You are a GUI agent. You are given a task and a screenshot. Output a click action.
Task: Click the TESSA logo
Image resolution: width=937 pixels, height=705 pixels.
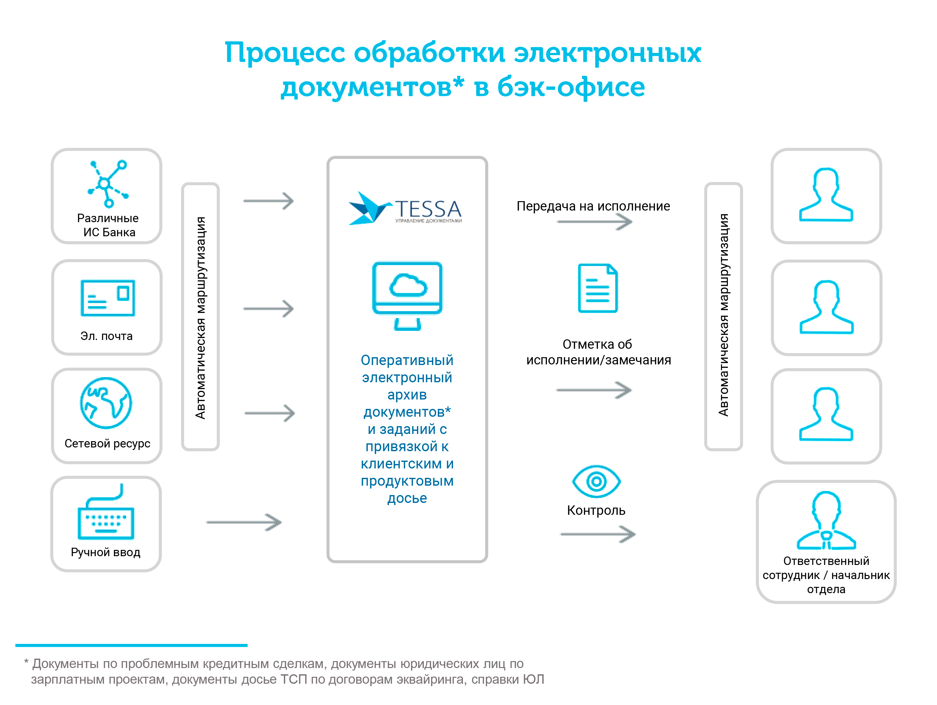[405, 208]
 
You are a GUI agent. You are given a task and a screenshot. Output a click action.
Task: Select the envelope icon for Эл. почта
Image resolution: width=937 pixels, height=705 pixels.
[108, 298]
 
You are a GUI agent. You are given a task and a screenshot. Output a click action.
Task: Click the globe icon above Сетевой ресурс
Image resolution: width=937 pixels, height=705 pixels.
[106, 403]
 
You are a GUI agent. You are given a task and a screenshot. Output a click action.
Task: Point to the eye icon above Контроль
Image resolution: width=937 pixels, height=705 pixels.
[596, 481]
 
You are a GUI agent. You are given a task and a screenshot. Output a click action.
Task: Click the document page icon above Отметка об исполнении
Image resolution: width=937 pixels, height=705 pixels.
[598, 288]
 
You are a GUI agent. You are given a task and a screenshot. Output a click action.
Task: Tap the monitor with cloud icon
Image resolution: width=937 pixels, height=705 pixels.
[407, 296]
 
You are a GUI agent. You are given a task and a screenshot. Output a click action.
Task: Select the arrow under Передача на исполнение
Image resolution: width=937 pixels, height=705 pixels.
[595, 222]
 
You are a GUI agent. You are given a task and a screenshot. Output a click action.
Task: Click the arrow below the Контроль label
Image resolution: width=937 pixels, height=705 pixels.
[598, 534]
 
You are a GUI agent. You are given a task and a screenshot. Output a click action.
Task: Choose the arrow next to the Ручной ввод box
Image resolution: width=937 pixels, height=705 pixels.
[244, 522]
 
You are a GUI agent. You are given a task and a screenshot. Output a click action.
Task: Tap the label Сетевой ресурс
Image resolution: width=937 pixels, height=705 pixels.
[107, 443]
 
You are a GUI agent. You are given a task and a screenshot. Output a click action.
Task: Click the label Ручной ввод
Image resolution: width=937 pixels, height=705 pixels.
[106, 552]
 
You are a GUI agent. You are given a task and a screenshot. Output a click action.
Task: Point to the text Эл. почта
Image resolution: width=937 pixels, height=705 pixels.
[106, 336]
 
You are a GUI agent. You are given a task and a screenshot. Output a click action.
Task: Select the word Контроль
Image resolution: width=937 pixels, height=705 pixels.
[596, 510]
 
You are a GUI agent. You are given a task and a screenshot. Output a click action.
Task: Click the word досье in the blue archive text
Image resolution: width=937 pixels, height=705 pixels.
[407, 498]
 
